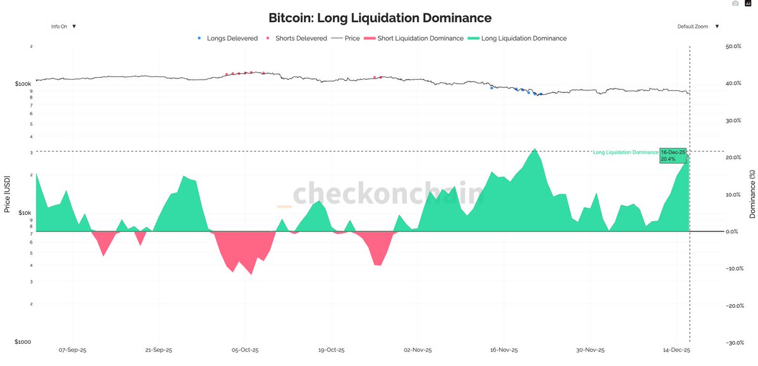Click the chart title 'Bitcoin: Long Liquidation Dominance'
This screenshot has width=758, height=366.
click(x=380, y=18)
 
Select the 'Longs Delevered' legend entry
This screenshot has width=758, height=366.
click(x=228, y=39)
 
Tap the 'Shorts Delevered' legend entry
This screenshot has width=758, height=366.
click(x=297, y=39)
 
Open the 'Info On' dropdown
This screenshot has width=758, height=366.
click(x=63, y=27)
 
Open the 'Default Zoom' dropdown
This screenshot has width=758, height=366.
click(x=697, y=27)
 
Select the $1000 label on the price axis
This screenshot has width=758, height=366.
click(x=23, y=342)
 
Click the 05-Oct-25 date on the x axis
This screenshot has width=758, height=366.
click(x=245, y=350)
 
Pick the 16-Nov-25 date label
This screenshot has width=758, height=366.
click(x=504, y=350)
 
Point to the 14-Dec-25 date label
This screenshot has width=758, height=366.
click(x=676, y=350)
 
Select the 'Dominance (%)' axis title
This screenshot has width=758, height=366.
click(x=752, y=194)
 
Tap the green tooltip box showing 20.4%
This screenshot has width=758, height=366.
click(x=673, y=156)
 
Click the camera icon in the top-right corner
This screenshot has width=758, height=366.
click(x=735, y=4)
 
